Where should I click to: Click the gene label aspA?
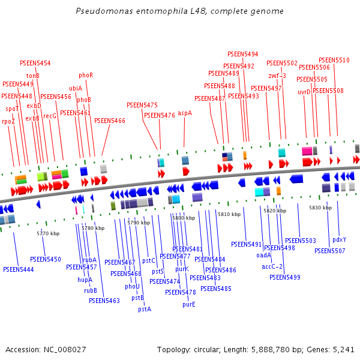click(x=185, y=113)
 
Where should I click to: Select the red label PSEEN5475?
click(x=142, y=105)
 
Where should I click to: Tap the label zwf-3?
click(x=277, y=76)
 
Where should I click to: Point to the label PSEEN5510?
click(x=334, y=60)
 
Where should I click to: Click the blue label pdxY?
click(x=339, y=239)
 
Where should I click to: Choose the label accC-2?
click(x=272, y=266)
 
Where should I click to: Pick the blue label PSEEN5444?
click(x=18, y=270)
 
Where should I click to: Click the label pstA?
click(x=145, y=309)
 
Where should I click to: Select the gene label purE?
click(x=189, y=304)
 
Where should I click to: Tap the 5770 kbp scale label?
click(x=48, y=233)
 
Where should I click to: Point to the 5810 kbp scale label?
click(x=229, y=214)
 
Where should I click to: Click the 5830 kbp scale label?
click(x=320, y=208)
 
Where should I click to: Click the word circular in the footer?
click(x=209, y=349)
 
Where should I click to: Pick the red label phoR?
click(x=86, y=75)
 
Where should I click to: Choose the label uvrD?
click(x=304, y=92)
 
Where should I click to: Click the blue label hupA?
click(x=85, y=280)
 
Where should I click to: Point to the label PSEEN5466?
click(x=110, y=121)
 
